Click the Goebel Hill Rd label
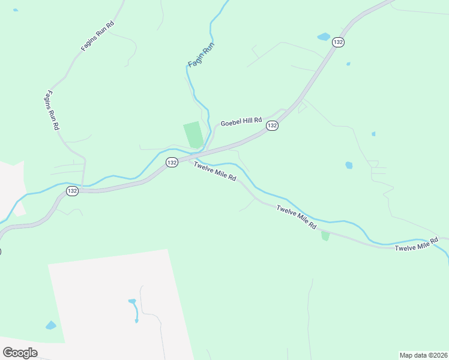[242, 122]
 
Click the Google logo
[20, 353]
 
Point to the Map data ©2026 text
[424, 355]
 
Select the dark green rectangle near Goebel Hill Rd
[193, 134]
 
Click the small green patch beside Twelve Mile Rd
[325, 235]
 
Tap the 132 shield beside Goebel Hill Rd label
[273, 125]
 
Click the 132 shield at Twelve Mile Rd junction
[172, 163]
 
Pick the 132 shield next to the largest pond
[339, 42]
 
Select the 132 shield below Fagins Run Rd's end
[72, 191]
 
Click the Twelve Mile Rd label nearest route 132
[215, 172]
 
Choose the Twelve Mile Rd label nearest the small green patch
[296, 217]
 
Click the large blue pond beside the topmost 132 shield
[324, 37]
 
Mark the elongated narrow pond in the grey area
[134, 308]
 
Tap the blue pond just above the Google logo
[51, 325]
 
